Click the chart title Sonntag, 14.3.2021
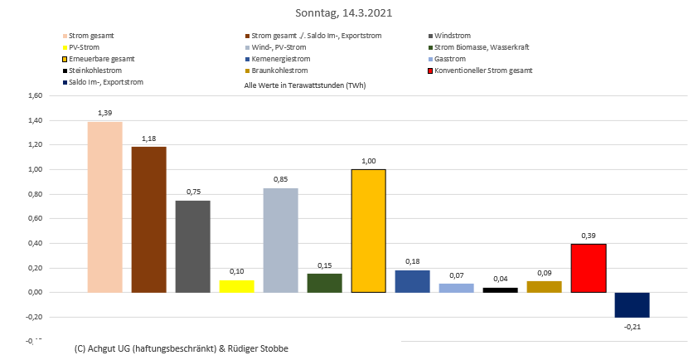point(344,13)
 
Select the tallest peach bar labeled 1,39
point(104,207)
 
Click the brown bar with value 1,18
point(148,220)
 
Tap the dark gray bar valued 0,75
point(192,246)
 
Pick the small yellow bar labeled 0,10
point(236,286)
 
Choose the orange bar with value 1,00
point(368,231)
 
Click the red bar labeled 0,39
point(588,268)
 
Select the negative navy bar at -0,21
point(632,304)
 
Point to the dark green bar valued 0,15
point(324,283)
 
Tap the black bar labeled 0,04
point(500,289)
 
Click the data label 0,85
point(280,179)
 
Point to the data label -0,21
point(632,327)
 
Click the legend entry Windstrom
point(452,36)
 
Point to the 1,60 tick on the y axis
point(35,96)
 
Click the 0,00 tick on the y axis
point(35,293)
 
